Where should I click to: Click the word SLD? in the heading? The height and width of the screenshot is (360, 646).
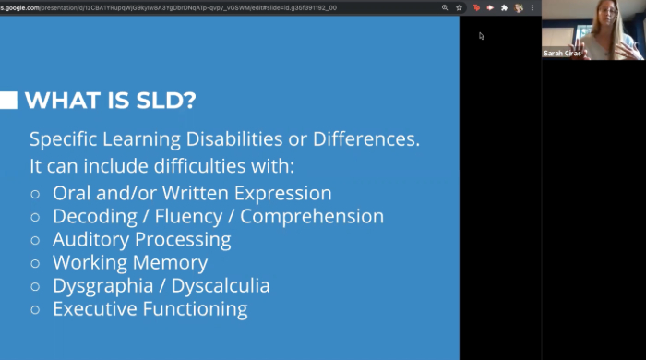pos(161,101)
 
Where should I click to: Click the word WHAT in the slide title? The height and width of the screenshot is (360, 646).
pos(56,101)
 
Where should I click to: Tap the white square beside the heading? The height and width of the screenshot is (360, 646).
pos(8,101)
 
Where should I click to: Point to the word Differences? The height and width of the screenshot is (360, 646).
pos(366,140)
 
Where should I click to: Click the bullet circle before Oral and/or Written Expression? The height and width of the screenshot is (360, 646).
pos(35,194)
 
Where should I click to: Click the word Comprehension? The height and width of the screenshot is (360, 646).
pos(312,217)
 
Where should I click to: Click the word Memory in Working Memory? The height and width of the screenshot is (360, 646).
pos(173,263)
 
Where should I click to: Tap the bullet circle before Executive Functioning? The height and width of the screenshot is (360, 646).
pos(35,309)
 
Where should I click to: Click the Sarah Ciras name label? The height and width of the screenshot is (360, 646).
pos(563,54)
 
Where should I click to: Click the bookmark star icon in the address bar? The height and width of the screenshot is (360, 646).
pos(459,7)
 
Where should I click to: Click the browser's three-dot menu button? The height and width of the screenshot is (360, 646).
pos(532,7)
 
